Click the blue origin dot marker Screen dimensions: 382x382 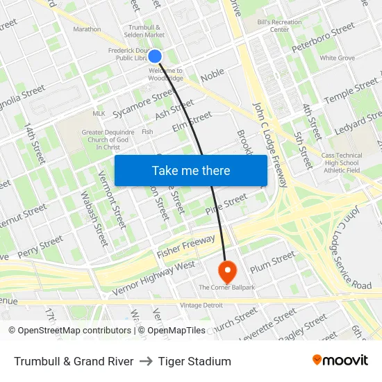click(155, 56)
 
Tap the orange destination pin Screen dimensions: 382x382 click(227, 269)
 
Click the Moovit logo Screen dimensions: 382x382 click(340, 360)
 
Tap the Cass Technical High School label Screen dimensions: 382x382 click(342, 163)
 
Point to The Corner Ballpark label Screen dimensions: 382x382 click(226, 287)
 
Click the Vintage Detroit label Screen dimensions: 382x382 click(201, 306)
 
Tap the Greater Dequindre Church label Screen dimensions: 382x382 click(101, 139)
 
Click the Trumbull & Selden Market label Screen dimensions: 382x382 click(144, 31)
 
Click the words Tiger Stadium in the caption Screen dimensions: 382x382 click(194, 360)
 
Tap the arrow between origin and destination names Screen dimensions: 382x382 click(146, 360)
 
